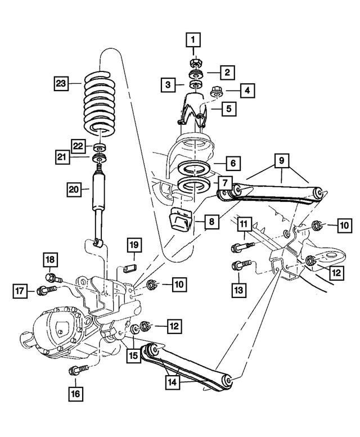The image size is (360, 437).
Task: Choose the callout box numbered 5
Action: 228,107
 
